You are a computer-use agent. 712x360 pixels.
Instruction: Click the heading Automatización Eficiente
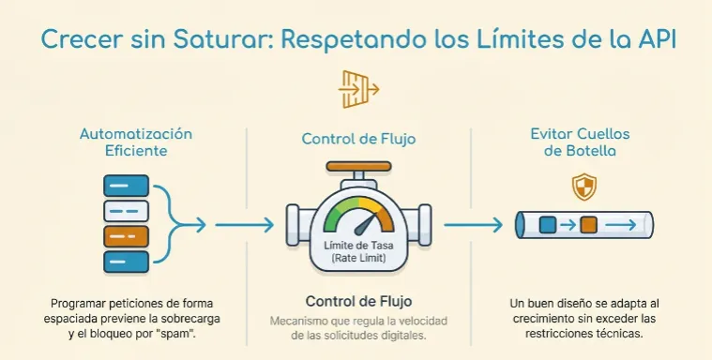(x=135, y=143)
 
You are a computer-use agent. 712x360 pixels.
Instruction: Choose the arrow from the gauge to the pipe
(x=474, y=225)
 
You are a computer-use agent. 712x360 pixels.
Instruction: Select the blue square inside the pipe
(x=549, y=225)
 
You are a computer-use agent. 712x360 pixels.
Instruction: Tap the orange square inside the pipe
(x=588, y=225)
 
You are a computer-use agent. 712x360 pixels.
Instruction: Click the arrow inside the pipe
(x=623, y=225)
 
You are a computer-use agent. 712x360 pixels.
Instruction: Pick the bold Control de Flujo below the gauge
(x=359, y=302)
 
